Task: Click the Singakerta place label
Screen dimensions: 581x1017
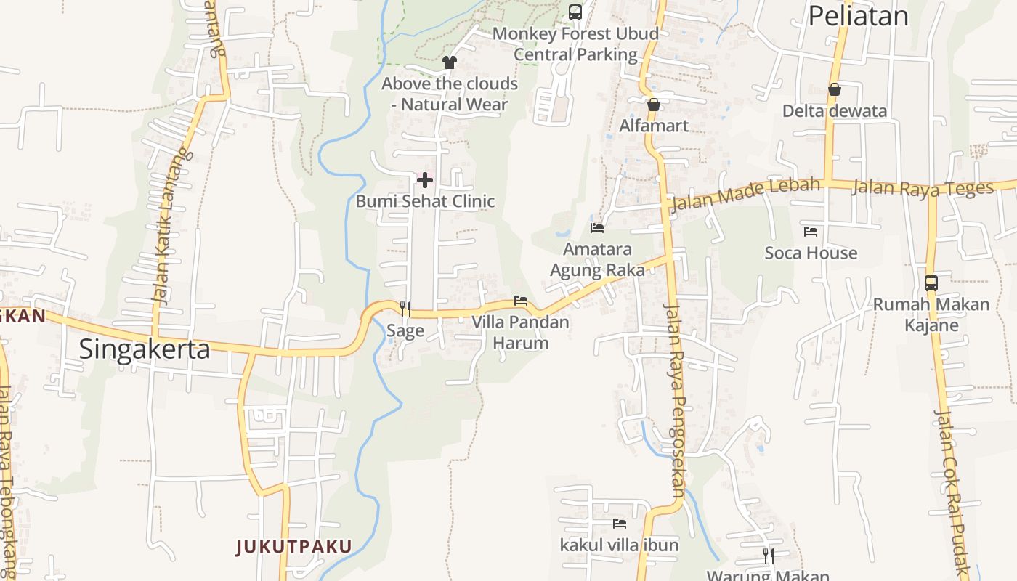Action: tap(145, 349)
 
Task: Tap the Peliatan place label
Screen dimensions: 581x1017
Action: tap(858, 15)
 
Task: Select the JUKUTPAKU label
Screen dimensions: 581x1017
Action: tap(293, 546)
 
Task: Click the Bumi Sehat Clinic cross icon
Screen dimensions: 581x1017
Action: tap(425, 179)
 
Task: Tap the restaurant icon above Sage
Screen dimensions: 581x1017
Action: tap(405, 309)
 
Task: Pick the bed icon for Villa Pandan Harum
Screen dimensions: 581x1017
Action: tap(521, 300)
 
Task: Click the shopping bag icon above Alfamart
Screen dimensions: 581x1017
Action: tap(654, 105)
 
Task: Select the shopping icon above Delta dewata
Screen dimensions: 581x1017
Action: tap(835, 89)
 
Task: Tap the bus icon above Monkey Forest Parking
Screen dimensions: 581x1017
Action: tap(575, 12)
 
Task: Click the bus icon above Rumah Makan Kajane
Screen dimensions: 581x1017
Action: tap(931, 283)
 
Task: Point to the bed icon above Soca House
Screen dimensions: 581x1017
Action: tap(811, 232)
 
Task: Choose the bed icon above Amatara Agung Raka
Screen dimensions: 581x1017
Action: tap(597, 227)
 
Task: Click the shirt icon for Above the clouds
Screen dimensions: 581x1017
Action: tap(450, 62)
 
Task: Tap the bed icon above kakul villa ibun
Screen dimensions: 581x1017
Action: tap(620, 523)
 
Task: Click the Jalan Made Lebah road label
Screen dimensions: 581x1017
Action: tap(745, 194)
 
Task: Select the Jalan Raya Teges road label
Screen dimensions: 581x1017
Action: tap(923, 188)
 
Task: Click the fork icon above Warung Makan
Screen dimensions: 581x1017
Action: tap(768, 556)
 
